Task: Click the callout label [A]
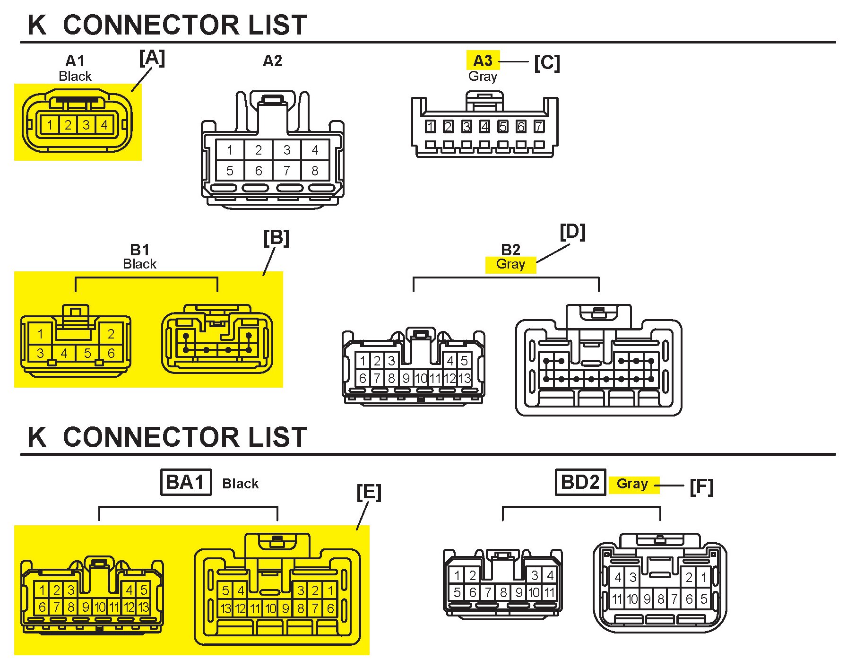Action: [x=152, y=59]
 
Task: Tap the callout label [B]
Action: [x=276, y=238]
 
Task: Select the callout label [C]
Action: [x=547, y=63]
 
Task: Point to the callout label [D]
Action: [x=572, y=232]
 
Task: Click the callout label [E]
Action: [x=369, y=493]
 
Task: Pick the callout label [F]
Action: [x=701, y=487]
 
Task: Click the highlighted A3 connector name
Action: [x=483, y=61]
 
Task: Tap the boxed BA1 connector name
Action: [x=186, y=482]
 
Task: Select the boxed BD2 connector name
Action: [x=580, y=482]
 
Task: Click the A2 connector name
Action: [x=272, y=61]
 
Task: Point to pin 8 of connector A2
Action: [x=315, y=171]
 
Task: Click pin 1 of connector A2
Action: [x=230, y=150]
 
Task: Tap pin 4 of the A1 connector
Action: [x=104, y=125]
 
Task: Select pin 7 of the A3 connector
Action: [x=539, y=127]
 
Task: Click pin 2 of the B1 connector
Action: [x=111, y=334]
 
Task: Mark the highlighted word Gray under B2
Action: [x=510, y=264]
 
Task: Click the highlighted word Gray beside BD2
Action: [x=632, y=484]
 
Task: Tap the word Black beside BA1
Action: [x=241, y=484]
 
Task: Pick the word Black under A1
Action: [x=75, y=76]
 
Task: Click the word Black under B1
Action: [x=139, y=264]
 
